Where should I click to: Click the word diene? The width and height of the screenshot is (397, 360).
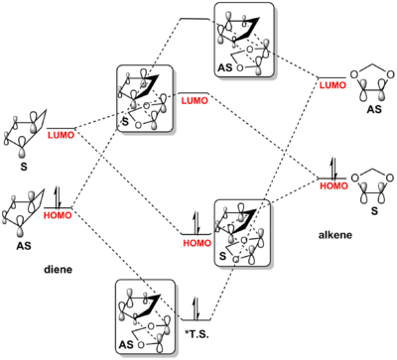pyautogui.click(x=59, y=270)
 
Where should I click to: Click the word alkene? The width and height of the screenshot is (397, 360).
pyautogui.click(x=335, y=235)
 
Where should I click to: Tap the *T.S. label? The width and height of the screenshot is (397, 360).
pyautogui.click(x=196, y=334)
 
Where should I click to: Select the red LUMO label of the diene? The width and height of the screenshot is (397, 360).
pyautogui.click(x=62, y=135)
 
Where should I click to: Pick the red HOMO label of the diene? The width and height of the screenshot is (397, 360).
pyautogui.click(x=58, y=215)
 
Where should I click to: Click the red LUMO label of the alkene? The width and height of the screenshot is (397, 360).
pyautogui.click(x=332, y=85)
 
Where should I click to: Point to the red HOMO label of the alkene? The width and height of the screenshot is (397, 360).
pyautogui.click(x=333, y=185)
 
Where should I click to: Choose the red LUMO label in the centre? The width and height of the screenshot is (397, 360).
pyautogui.click(x=195, y=101)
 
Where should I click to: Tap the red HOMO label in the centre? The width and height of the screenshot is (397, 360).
pyautogui.click(x=197, y=243)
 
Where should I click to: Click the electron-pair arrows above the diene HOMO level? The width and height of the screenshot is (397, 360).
pyautogui.click(x=58, y=196)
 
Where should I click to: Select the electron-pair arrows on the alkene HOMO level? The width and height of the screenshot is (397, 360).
pyautogui.click(x=333, y=169)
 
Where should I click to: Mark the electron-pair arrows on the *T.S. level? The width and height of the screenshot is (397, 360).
pyautogui.click(x=196, y=308)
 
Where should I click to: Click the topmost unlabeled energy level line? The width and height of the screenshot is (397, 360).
pyautogui.click(x=195, y=19)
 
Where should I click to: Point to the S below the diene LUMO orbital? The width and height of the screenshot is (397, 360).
pyautogui.click(x=24, y=167)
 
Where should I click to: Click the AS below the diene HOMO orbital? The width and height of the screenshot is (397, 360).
pyautogui.click(x=24, y=246)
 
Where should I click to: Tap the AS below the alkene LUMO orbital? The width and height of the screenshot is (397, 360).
pyautogui.click(x=374, y=109)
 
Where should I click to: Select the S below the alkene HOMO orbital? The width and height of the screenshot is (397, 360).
pyautogui.click(x=374, y=211)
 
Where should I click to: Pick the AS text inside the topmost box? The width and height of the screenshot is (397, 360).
pyautogui.click(x=225, y=67)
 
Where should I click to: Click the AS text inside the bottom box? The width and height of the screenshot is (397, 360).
pyautogui.click(x=126, y=345)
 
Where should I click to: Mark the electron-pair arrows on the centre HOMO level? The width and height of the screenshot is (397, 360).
pyautogui.click(x=196, y=223)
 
